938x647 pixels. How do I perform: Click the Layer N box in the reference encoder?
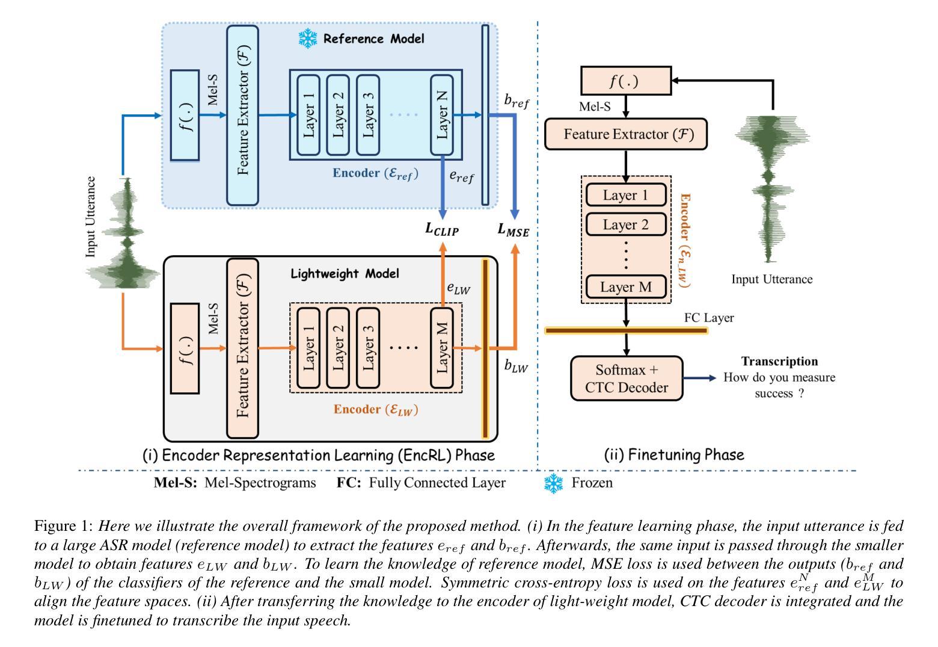(442, 114)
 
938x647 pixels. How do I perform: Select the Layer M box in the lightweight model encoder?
(442, 347)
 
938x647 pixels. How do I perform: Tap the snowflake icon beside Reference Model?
(308, 39)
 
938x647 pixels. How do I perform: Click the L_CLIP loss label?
(442, 229)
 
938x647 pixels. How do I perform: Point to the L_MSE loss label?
(513, 229)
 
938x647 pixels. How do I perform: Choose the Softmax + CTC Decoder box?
(627, 379)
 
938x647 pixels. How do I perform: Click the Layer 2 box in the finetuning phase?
(626, 224)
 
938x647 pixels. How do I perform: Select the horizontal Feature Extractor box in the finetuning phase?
(625, 134)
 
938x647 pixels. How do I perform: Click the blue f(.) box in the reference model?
(185, 115)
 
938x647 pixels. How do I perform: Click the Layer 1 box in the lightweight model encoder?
(308, 347)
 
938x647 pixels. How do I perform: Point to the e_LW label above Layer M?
(458, 288)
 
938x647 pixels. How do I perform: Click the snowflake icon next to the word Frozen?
(553, 483)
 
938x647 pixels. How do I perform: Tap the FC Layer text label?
(709, 317)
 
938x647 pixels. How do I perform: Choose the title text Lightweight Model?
(345, 274)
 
